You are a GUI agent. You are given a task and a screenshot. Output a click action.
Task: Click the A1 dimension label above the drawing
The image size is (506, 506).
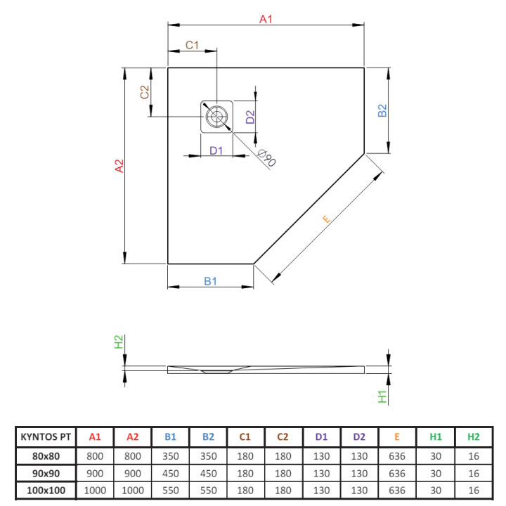coord(266,20)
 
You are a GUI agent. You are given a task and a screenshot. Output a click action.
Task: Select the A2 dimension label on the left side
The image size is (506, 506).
coord(119,166)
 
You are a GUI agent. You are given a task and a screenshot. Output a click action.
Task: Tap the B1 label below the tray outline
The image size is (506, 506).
coord(210,281)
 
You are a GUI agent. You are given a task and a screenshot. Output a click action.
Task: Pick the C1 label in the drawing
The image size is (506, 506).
coord(192,45)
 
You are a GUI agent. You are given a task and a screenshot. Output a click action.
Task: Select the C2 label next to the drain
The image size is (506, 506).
coord(144,92)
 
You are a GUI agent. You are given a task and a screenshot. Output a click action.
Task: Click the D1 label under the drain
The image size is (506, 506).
coord(216,150)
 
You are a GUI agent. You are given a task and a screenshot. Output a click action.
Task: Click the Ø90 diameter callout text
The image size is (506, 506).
coord(266,159)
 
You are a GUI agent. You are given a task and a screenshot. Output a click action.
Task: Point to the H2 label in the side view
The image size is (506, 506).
coord(119,342)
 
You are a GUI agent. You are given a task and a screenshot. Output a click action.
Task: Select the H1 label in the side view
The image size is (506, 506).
coord(383,396)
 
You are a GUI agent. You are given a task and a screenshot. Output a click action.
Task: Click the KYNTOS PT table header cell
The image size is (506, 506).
coord(45,436)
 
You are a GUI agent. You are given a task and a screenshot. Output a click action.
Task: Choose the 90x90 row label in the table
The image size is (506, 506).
coord(45,472)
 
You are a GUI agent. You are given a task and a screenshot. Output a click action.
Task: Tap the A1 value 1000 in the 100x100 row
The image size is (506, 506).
coord(95,489)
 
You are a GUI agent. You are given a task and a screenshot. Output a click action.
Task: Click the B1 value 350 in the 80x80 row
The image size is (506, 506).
coord(170,455)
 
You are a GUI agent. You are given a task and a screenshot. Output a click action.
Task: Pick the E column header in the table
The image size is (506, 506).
coord(397,436)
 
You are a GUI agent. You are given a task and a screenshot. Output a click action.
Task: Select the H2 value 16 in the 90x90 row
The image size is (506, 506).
coord(473,472)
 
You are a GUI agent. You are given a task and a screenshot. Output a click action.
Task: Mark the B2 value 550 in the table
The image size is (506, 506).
coord(208,489)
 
